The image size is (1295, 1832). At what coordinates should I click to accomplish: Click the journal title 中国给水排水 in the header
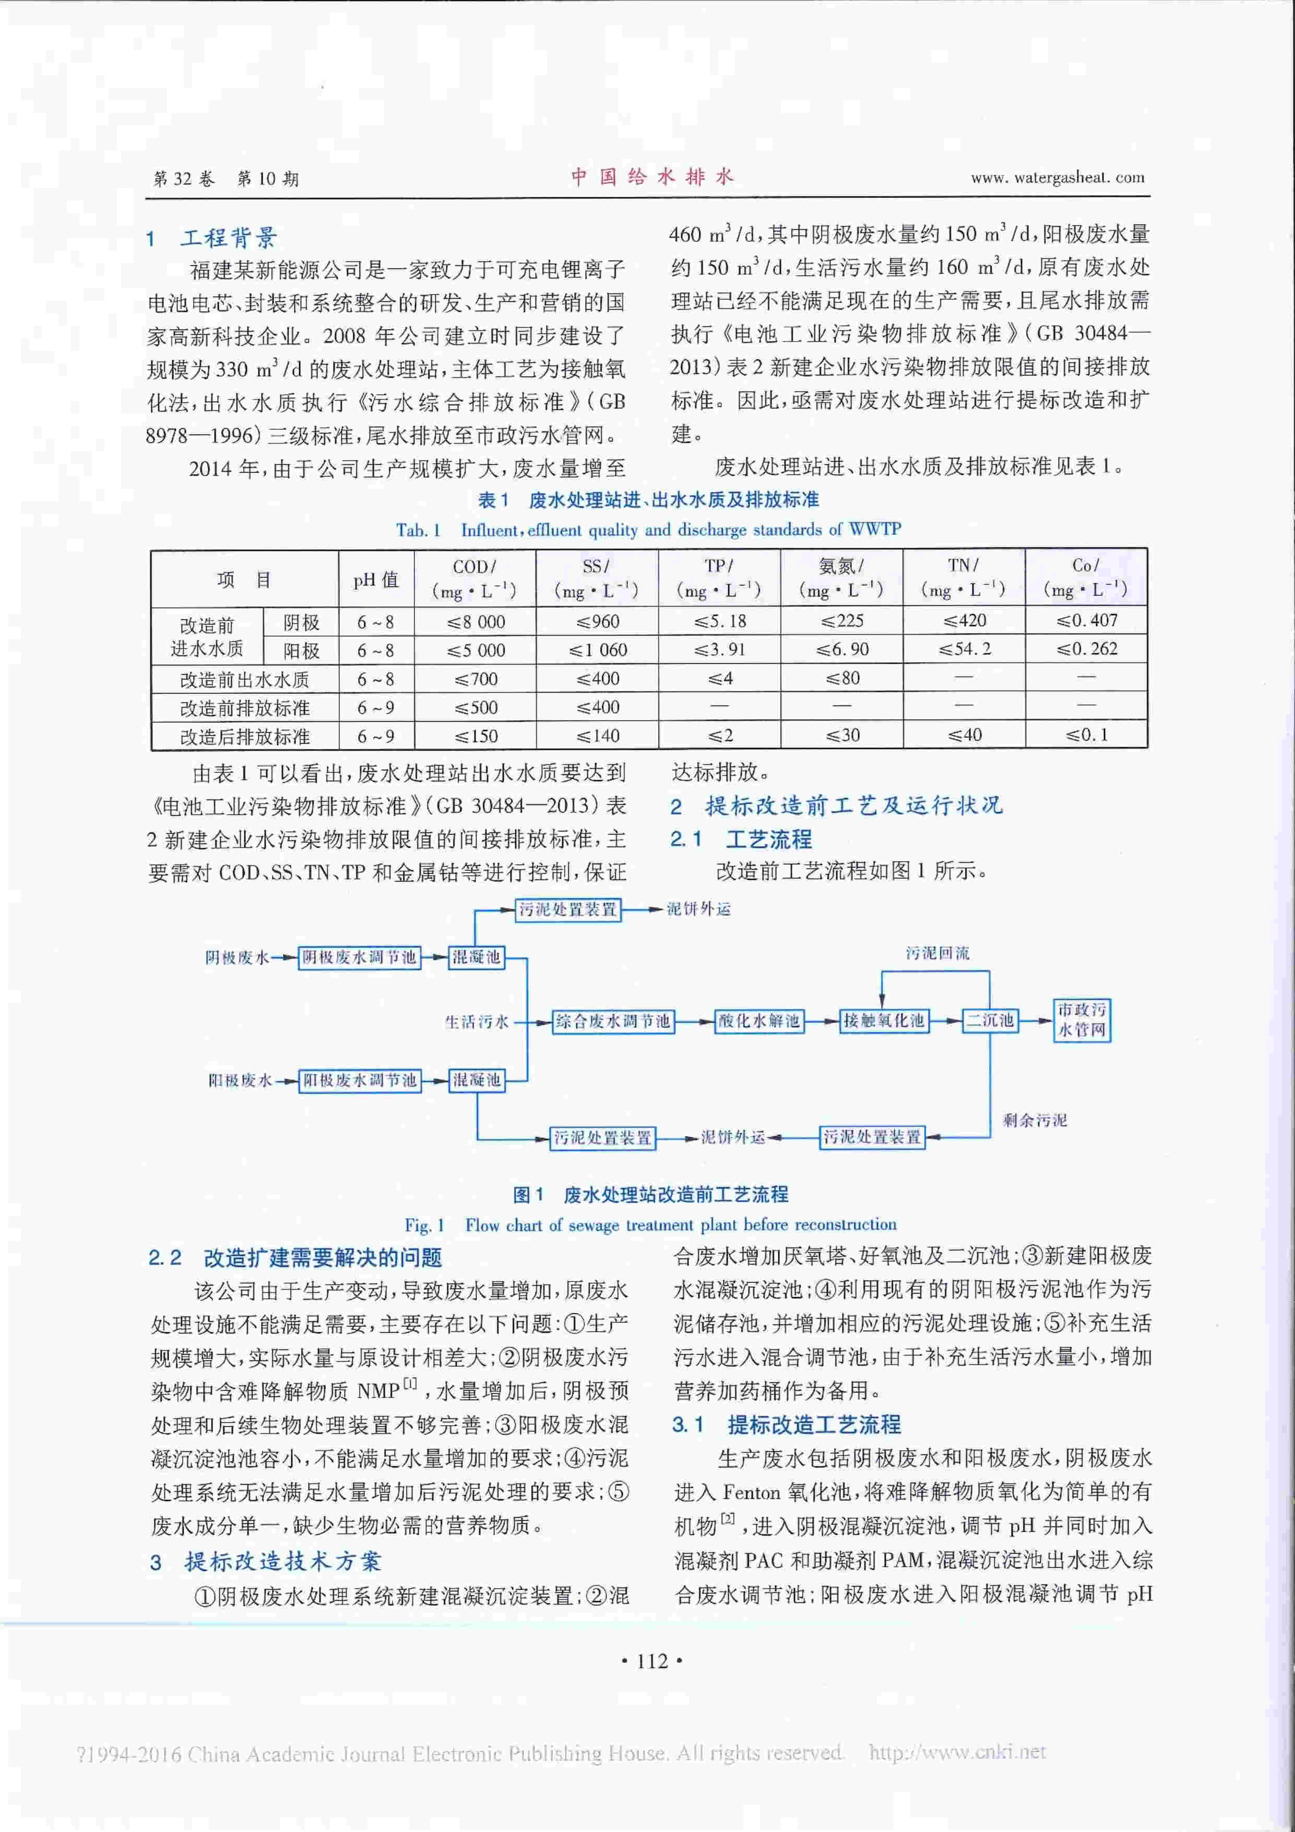click(651, 177)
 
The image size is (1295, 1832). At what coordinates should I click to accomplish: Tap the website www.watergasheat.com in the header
click(1058, 178)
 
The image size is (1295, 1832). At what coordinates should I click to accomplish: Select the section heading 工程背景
click(229, 238)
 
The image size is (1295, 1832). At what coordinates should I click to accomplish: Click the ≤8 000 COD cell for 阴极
click(476, 621)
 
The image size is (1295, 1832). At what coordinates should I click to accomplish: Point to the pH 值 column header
click(376, 579)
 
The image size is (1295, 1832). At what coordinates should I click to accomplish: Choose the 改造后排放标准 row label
click(244, 736)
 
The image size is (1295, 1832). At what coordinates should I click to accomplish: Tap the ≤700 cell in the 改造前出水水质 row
click(476, 679)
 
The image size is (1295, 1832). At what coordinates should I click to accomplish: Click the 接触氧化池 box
click(884, 1020)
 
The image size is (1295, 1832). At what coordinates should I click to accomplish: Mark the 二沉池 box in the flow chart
click(990, 1020)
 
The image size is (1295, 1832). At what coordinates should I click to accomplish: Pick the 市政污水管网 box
click(1082, 1020)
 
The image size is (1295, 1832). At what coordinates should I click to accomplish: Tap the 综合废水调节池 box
click(612, 1021)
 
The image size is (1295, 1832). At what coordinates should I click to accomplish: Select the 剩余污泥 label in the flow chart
click(1034, 1120)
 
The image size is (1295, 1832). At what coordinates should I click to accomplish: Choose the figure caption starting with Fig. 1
click(650, 1224)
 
